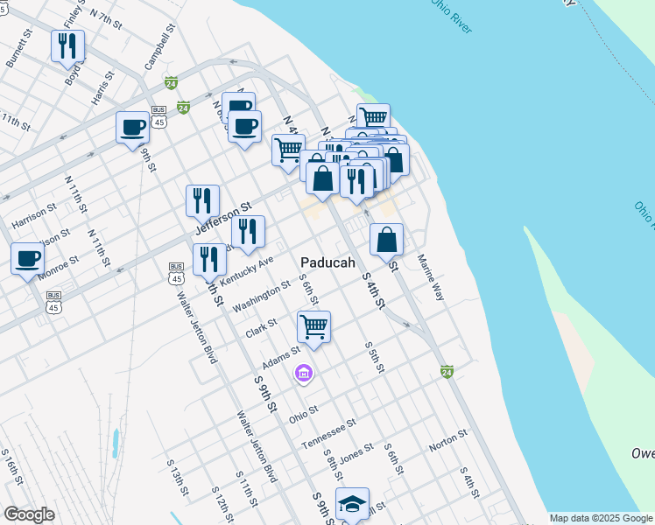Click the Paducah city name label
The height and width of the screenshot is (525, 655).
tap(328, 262)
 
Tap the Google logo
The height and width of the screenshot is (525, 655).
tap(29, 514)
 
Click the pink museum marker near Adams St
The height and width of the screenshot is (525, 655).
tap(304, 374)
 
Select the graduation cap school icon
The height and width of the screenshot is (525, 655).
tap(352, 503)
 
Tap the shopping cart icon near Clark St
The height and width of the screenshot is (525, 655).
tap(313, 327)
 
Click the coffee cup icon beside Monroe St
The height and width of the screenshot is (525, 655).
tap(27, 258)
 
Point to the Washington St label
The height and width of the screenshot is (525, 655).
tap(262, 296)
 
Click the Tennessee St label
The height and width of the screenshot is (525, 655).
tap(328, 433)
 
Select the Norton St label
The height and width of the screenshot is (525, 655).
tap(448, 445)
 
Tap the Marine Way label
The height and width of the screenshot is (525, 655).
tap(431, 278)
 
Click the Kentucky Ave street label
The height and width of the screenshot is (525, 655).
tap(247, 270)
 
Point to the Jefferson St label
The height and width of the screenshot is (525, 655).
tap(217, 217)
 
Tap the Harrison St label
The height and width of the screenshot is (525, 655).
tap(34, 217)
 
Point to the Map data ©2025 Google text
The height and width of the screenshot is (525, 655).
tap(602, 518)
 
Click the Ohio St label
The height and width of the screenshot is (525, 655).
tap(303, 414)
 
